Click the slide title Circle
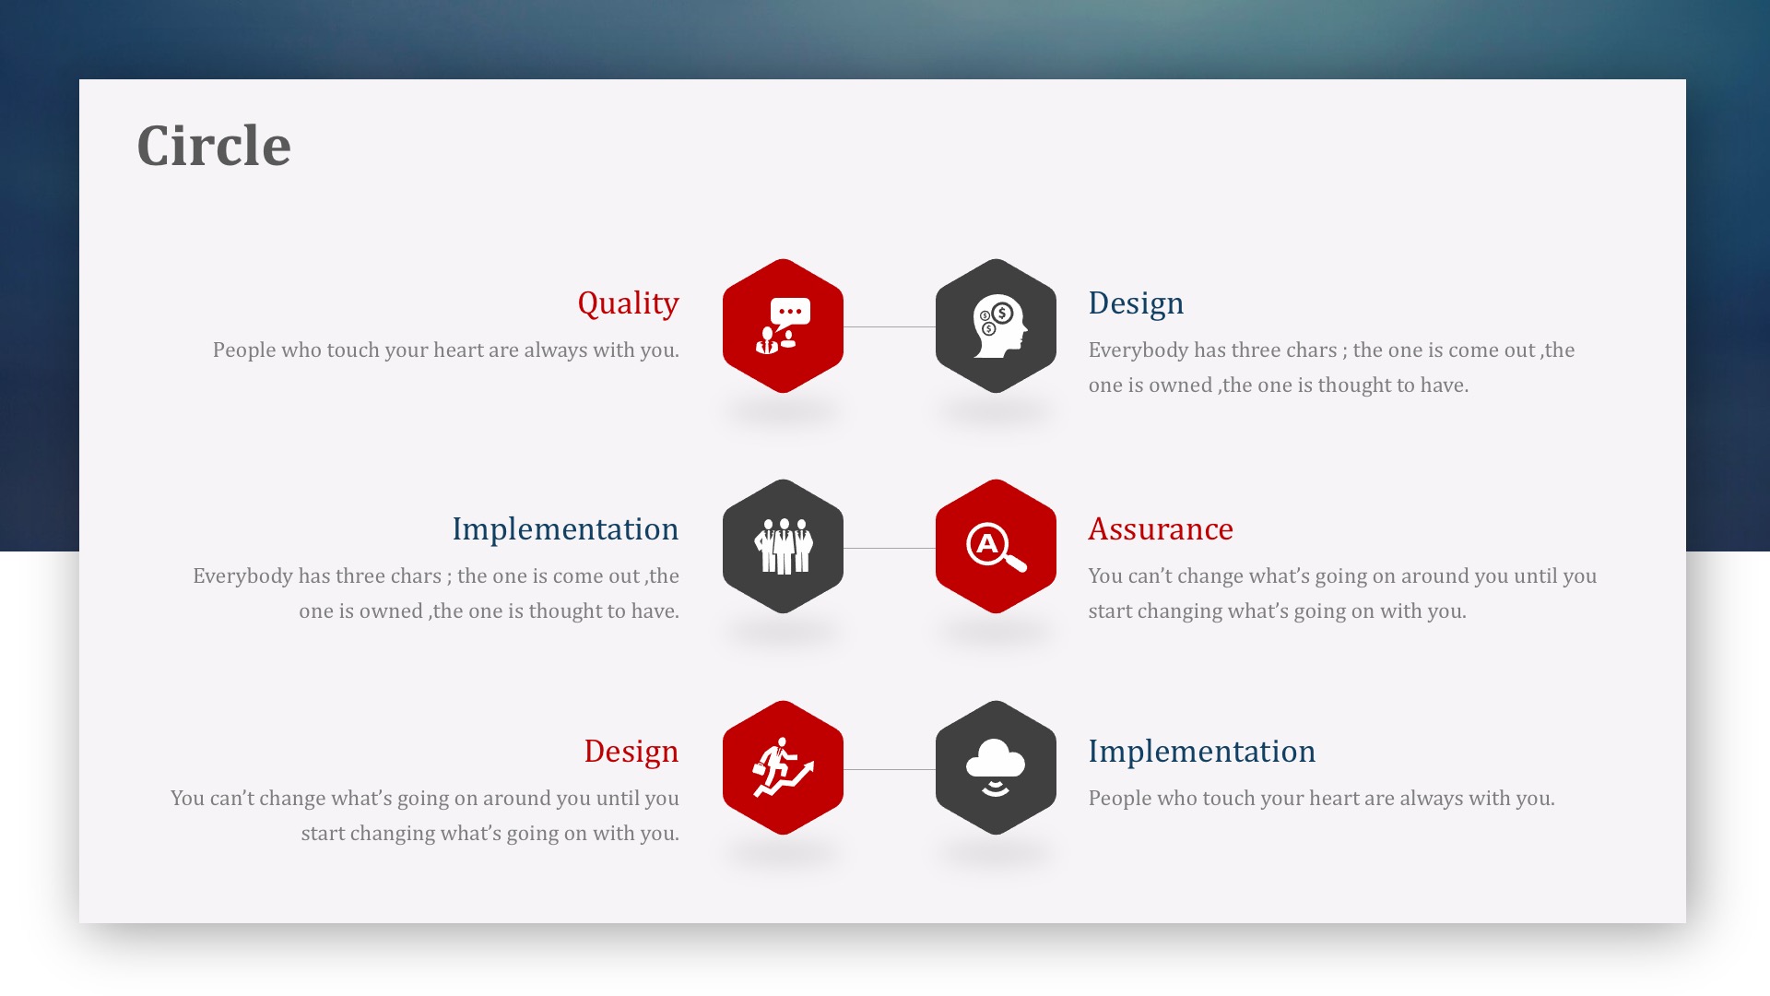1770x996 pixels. click(214, 146)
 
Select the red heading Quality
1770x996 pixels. click(628, 303)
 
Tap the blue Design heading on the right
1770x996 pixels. click(1136, 303)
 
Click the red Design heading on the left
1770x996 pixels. click(631, 752)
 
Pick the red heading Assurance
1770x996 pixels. click(1161, 529)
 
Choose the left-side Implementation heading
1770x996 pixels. click(565, 529)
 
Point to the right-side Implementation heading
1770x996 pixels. click(1202, 752)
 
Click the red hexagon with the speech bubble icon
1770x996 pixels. click(783, 326)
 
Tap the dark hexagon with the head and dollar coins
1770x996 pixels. click(996, 326)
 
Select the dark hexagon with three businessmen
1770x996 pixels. click(783, 547)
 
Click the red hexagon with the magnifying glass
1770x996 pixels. click(996, 547)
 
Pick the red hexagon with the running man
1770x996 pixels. click(783, 768)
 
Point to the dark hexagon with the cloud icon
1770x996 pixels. click(996, 768)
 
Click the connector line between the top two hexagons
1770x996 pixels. click(890, 326)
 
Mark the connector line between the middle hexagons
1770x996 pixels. click(890, 548)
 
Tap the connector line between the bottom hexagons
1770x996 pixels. click(890, 769)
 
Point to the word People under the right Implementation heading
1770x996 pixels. click(1120, 799)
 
